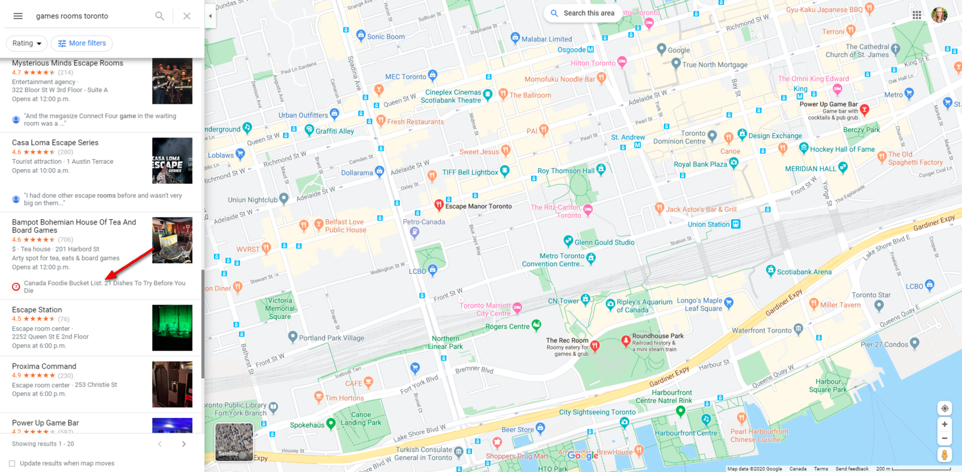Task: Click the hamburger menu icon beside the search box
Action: pyautogui.click(x=18, y=16)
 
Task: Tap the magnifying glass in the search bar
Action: pyautogui.click(x=159, y=16)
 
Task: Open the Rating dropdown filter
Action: pyautogui.click(x=26, y=43)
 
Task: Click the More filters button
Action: pyautogui.click(x=82, y=43)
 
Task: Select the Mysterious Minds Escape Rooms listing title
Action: pyautogui.click(x=67, y=63)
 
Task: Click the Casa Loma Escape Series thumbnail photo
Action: pyautogui.click(x=172, y=161)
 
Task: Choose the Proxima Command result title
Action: pyautogui.click(x=44, y=366)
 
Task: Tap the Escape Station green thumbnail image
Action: pyautogui.click(x=172, y=328)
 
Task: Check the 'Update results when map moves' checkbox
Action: pyautogui.click(x=12, y=464)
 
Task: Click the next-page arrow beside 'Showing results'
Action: pyautogui.click(x=184, y=444)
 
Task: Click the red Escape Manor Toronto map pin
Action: pyautogui.click(x=439, y=205)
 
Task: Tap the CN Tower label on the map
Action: pyautogui.click(x=563, y=301)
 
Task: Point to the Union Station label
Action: pyautogui.click(x=708, y=225)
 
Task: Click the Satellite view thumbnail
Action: pyautogui.click(x=234, y=442)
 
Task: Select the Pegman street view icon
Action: pyautogui.click(x=945, y=455)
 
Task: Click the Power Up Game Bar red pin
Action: pyautogui.click(x=865, y=109)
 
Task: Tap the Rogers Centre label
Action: pyautogui.click(x=507, y=327)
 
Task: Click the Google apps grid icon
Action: pyautogui.click(x=916, y=16)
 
